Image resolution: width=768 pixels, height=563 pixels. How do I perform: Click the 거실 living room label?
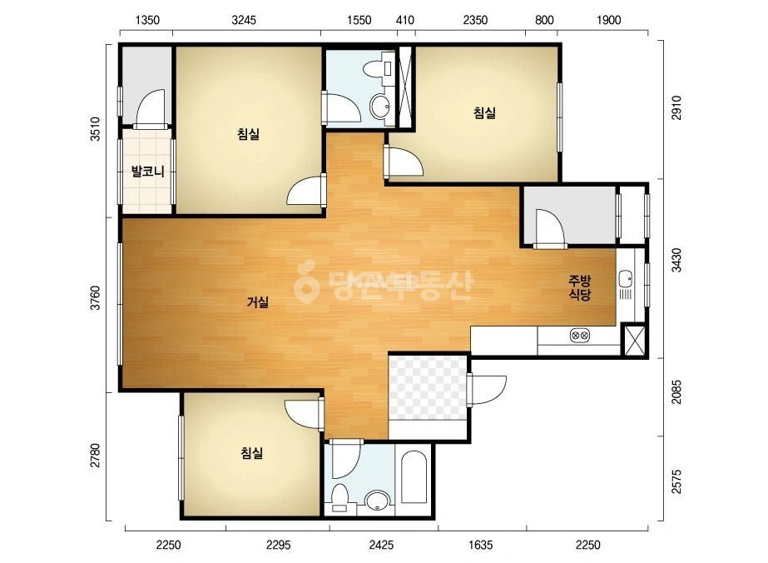pos(258,302)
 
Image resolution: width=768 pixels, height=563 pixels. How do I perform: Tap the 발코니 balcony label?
pos(147,172)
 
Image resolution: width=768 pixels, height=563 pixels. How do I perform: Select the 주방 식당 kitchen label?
pos(579,287)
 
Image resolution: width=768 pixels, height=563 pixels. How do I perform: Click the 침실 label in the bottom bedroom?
pos(252,453)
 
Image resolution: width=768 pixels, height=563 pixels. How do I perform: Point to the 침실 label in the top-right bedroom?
pos(484,112)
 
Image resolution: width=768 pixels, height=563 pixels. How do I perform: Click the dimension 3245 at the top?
pos(244,20)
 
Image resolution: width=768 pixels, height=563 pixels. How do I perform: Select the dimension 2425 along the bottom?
pos(381,545)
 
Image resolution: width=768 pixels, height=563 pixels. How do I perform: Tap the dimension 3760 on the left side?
pos(96,297)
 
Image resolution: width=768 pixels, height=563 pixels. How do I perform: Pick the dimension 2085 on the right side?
pos(676,391)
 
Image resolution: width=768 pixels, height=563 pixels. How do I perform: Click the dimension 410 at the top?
pos(405,20)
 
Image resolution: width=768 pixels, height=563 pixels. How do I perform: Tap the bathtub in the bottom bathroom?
pos(414,477)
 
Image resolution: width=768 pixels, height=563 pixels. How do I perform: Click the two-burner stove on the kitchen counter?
pos(579,336)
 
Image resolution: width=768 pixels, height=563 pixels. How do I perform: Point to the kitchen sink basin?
pos(626,279)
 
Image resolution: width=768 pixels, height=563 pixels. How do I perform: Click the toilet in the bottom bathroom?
pos(339,497)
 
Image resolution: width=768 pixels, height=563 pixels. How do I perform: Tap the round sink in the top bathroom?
pos(379,105)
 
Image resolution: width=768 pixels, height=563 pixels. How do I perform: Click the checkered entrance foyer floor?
pos(427,387)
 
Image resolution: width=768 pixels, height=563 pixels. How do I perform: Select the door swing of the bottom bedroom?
pos(303,412)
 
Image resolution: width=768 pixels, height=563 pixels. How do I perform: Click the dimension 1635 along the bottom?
pos(480,545)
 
